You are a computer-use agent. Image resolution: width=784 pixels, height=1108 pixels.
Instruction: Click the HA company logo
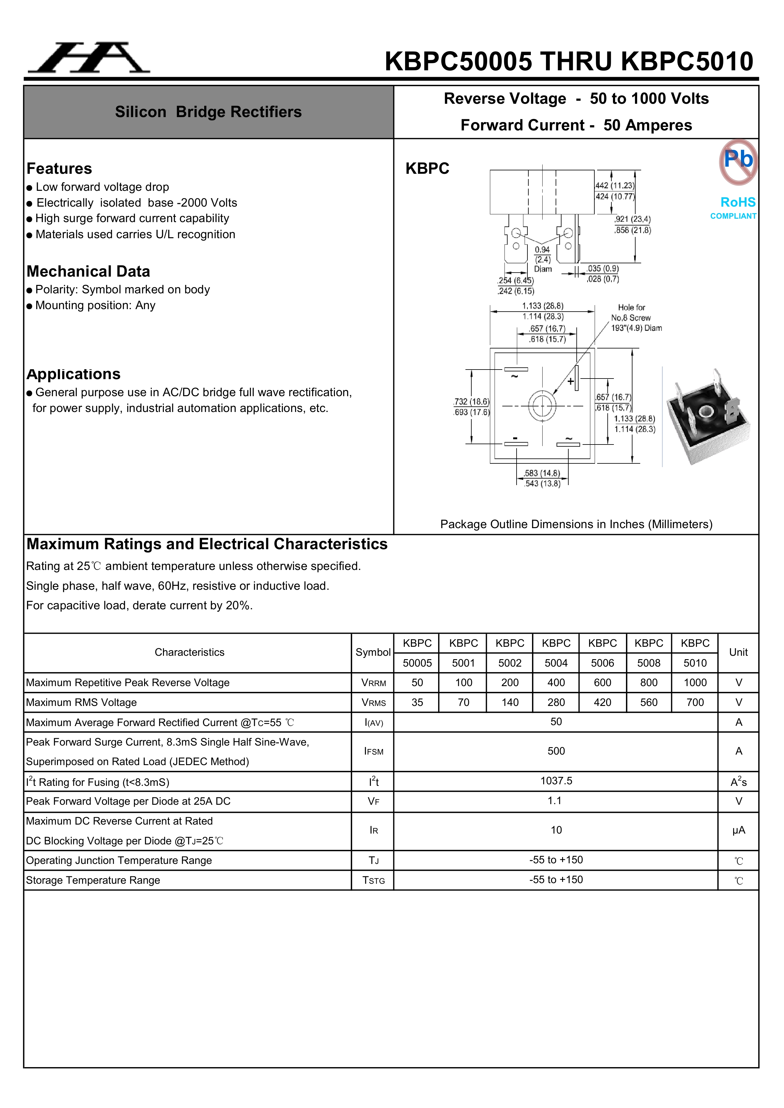89,58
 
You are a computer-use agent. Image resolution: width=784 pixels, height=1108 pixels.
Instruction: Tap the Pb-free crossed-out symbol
738,162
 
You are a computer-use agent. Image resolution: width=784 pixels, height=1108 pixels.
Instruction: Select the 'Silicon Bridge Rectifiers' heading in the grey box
208,112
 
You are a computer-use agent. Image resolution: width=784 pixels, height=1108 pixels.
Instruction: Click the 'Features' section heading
59,169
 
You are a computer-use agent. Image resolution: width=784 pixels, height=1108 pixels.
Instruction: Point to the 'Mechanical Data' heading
88,271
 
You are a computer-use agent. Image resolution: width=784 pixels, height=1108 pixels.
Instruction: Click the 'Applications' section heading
73,374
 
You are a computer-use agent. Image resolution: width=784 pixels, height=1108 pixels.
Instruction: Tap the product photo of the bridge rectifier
707,416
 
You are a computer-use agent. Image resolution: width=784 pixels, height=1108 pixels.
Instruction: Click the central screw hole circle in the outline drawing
542,405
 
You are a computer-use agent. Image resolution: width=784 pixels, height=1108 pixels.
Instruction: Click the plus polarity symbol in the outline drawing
570,381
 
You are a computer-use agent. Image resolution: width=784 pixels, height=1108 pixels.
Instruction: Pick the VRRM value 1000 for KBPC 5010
695,682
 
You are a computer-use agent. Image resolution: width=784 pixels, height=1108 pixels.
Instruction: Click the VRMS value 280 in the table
556,702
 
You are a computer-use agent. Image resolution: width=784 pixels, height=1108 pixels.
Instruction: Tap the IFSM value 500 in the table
556,751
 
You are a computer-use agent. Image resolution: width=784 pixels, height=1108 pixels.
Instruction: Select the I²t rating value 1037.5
556,780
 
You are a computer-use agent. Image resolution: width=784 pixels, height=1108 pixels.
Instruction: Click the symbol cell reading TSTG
374,880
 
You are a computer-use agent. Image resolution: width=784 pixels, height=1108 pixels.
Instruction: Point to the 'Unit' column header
738,652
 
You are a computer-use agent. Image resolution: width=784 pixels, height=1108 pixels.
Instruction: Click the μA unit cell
738,830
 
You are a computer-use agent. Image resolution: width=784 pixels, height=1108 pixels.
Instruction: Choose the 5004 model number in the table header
556,663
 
